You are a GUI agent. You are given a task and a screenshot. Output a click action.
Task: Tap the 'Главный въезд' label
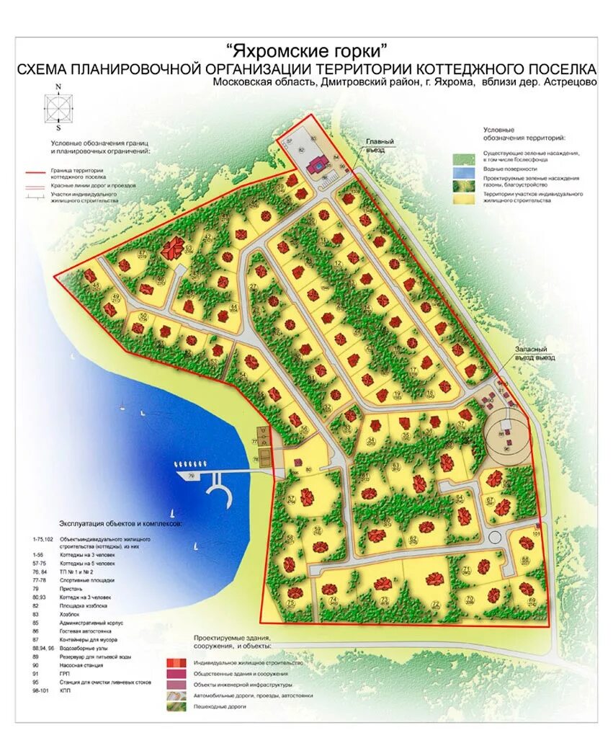click(380, 146)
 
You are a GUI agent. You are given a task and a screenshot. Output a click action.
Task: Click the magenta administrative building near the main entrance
click(316, 166)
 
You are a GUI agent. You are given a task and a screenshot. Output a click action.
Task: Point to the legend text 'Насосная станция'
click(81, 662)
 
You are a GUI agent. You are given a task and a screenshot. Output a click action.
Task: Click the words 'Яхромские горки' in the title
click(307, 51)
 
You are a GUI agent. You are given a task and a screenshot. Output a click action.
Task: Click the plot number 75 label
click(290, 603)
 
